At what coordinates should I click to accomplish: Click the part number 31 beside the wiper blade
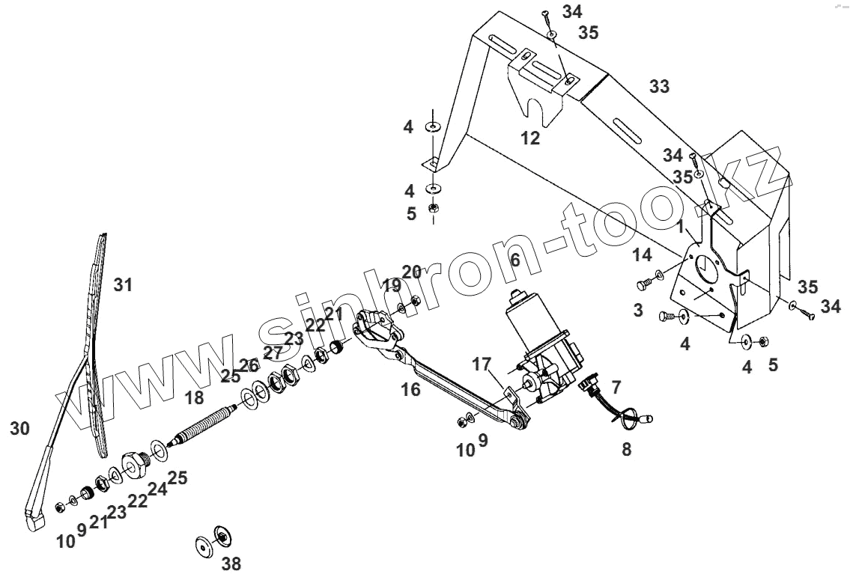123,285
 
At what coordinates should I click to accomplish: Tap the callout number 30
20,428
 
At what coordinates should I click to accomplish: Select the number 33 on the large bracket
659,87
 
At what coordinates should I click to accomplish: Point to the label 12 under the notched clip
530,138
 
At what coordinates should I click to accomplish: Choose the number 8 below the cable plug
627,450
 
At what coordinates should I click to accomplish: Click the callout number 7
616,388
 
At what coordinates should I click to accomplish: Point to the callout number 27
273,353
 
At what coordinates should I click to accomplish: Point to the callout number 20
412,272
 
